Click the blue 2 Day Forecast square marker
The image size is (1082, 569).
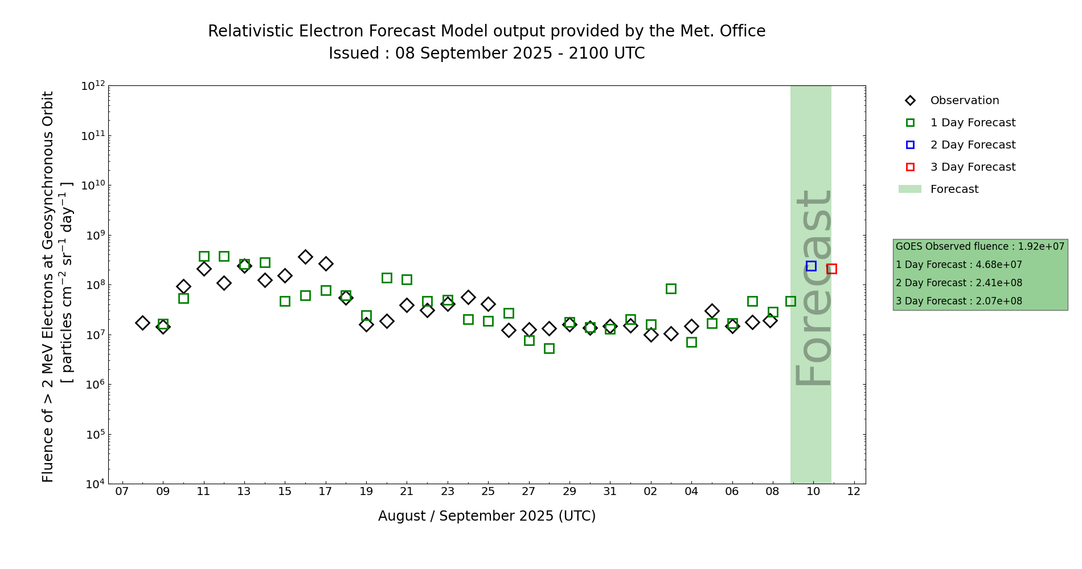click(811, 266)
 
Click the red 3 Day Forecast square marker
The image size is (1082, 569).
click(831, 269)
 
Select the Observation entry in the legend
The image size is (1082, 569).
click(964, 101)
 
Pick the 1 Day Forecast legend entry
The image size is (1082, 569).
click(972, 123)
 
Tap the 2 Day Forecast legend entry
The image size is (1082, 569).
click(972, 145)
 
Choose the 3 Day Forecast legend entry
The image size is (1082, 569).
click(972, 167)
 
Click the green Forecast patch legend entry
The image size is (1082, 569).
click(954, 189)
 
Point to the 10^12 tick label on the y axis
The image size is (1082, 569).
click(93, 86)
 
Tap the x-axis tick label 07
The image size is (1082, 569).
click(122, 492)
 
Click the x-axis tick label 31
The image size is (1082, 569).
click(610, 492)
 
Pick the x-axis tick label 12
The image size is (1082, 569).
click(854, 492)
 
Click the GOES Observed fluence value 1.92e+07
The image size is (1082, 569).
click(1041, 247)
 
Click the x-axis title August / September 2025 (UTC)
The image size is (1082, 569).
click(486, 516)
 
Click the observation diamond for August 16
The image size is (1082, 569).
click(305, 257)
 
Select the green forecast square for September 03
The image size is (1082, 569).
click(671, 288)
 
